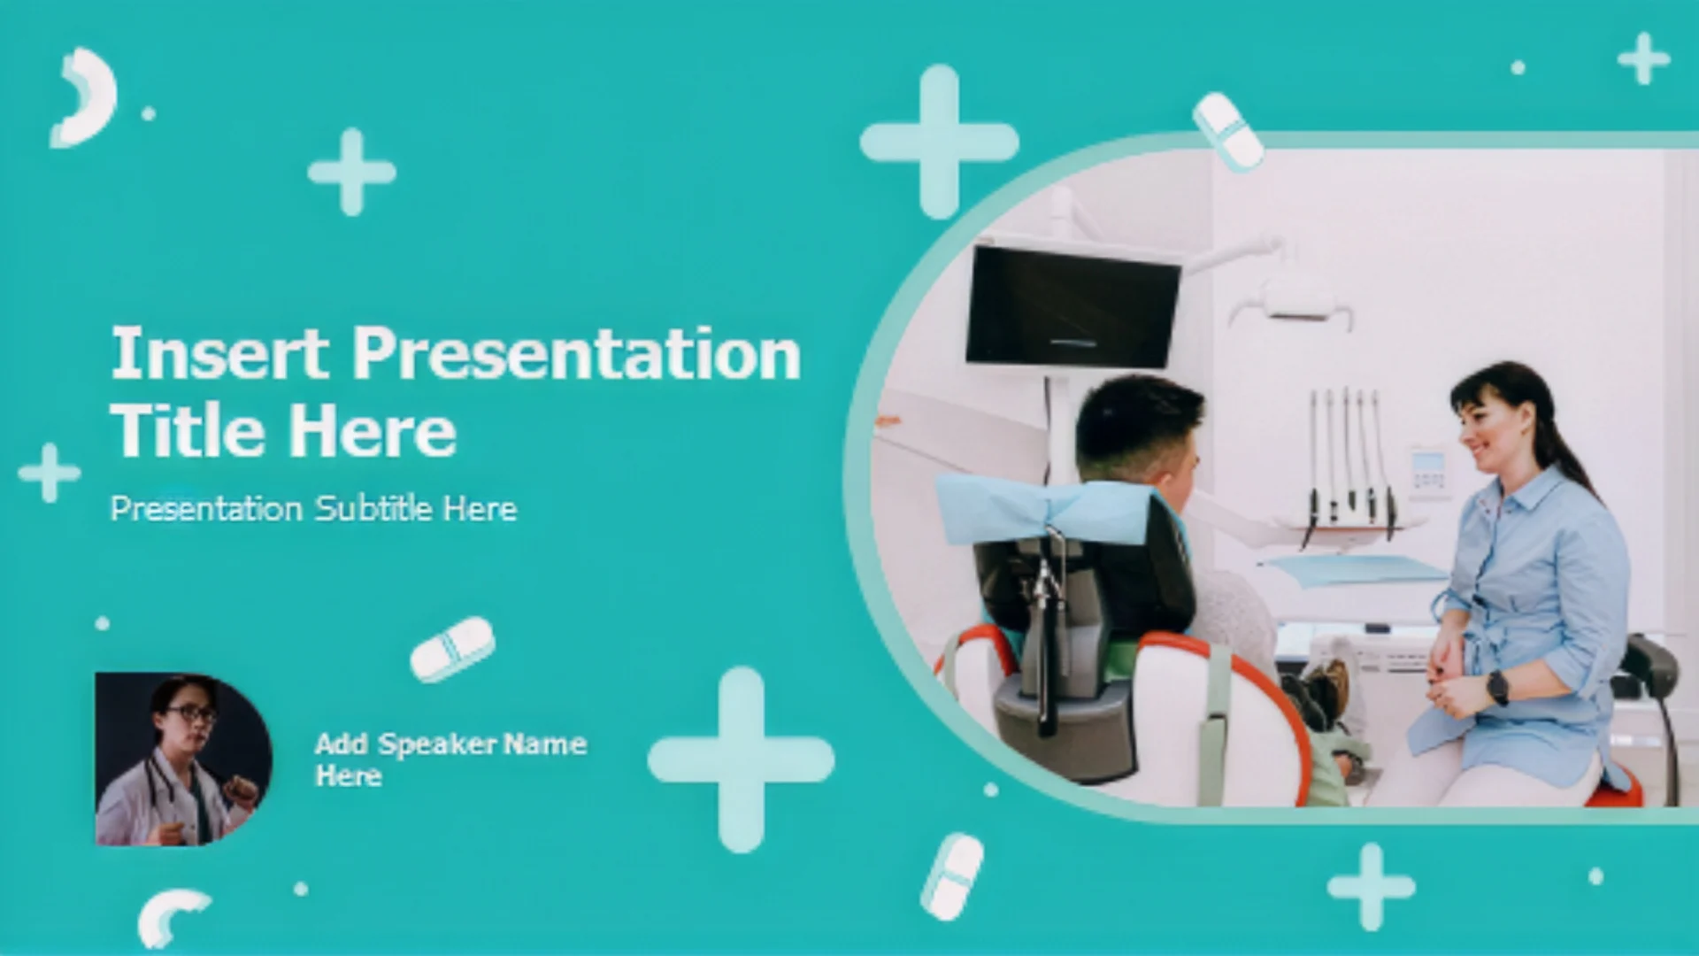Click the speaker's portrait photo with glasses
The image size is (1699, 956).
[x=183, y=759]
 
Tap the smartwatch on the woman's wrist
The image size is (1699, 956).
[x=1497, y=687]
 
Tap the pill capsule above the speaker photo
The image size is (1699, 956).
[x=452, y=650]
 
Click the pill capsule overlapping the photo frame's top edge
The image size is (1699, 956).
[x=1227, y=131]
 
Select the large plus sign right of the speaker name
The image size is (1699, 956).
[x=741, y=759]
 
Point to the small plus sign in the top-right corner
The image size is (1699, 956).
[x=1643, y=59]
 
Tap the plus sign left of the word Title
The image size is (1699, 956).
[x=50, y=473]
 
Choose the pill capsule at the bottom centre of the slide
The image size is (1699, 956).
[x=951, y=875]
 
